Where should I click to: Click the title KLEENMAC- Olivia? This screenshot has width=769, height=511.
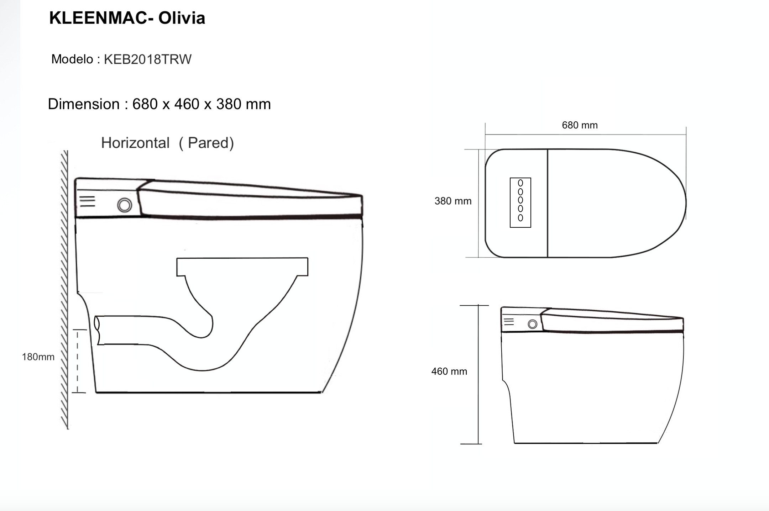click(x=127, y=18)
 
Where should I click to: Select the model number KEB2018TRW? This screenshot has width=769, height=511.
click(x=148, y=59)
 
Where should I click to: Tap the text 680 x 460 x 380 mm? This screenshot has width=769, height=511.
click(x=202, y=104)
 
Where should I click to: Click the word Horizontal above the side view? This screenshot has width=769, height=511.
click(x=135, y=143)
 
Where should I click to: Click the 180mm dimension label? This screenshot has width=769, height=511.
click(x=38, y=357)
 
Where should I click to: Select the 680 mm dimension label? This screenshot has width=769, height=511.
click(x=580, y=125)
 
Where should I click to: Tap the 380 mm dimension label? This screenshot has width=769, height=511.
click(x=453, y=201)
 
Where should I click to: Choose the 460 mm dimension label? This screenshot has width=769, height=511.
click(x=449, y=372)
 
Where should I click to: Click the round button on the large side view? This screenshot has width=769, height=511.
click(x=125, y=205)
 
